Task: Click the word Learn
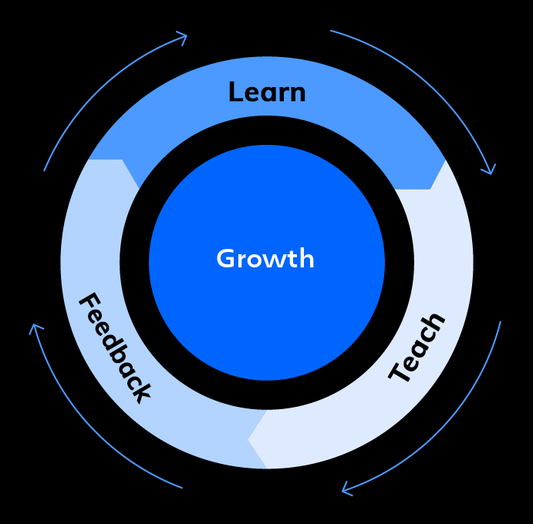point(267,92)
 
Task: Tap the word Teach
point(417,348)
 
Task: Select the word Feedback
point(115,347)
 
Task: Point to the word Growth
point(265,259)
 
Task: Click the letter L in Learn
point(236,92)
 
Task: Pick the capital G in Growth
point(225,258)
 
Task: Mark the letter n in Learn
point(298,94)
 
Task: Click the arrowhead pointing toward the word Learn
point(182,37)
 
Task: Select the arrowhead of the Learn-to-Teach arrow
point(487,169)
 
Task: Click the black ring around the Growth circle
point(134,262)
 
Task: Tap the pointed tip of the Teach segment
point(248,440)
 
